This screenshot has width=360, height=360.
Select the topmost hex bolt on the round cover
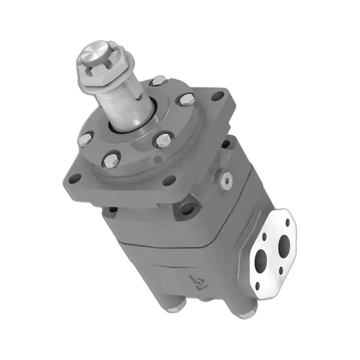tap(157, 82)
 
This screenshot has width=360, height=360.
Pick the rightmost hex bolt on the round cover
tap(187, 100)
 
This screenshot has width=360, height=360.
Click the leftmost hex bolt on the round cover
tap(85, 138)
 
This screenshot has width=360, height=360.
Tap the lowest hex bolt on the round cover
tap(113, 158)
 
